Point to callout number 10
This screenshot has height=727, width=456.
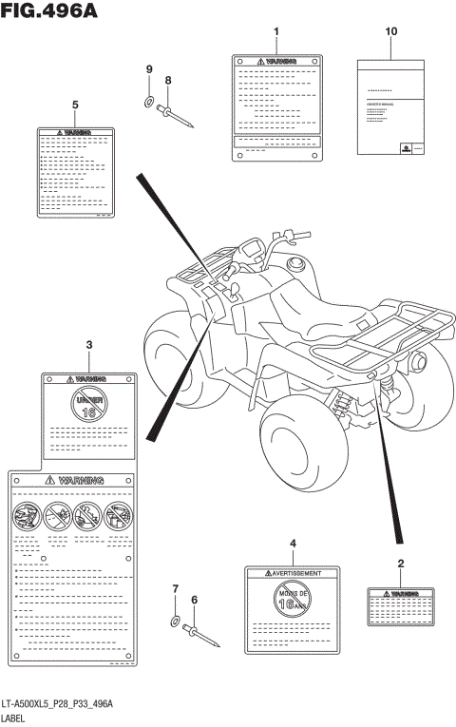pyautogui.click(x=390, y=31)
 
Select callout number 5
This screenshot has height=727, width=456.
pyautogui.click(x=75, y=104)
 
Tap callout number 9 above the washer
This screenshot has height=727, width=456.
pyautogui.click(x=149, y=69)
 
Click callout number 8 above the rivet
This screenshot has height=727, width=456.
pyautogui.click(x=168, y=81)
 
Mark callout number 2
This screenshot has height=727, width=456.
pyautogui.click(x=401, y=564)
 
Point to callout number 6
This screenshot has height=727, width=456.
pyautogui.click(x=194, y=600)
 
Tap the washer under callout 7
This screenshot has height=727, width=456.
pyautogui.click(x=178, y=622)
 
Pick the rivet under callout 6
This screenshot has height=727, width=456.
pyautogui.click(x=203, y=637)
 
